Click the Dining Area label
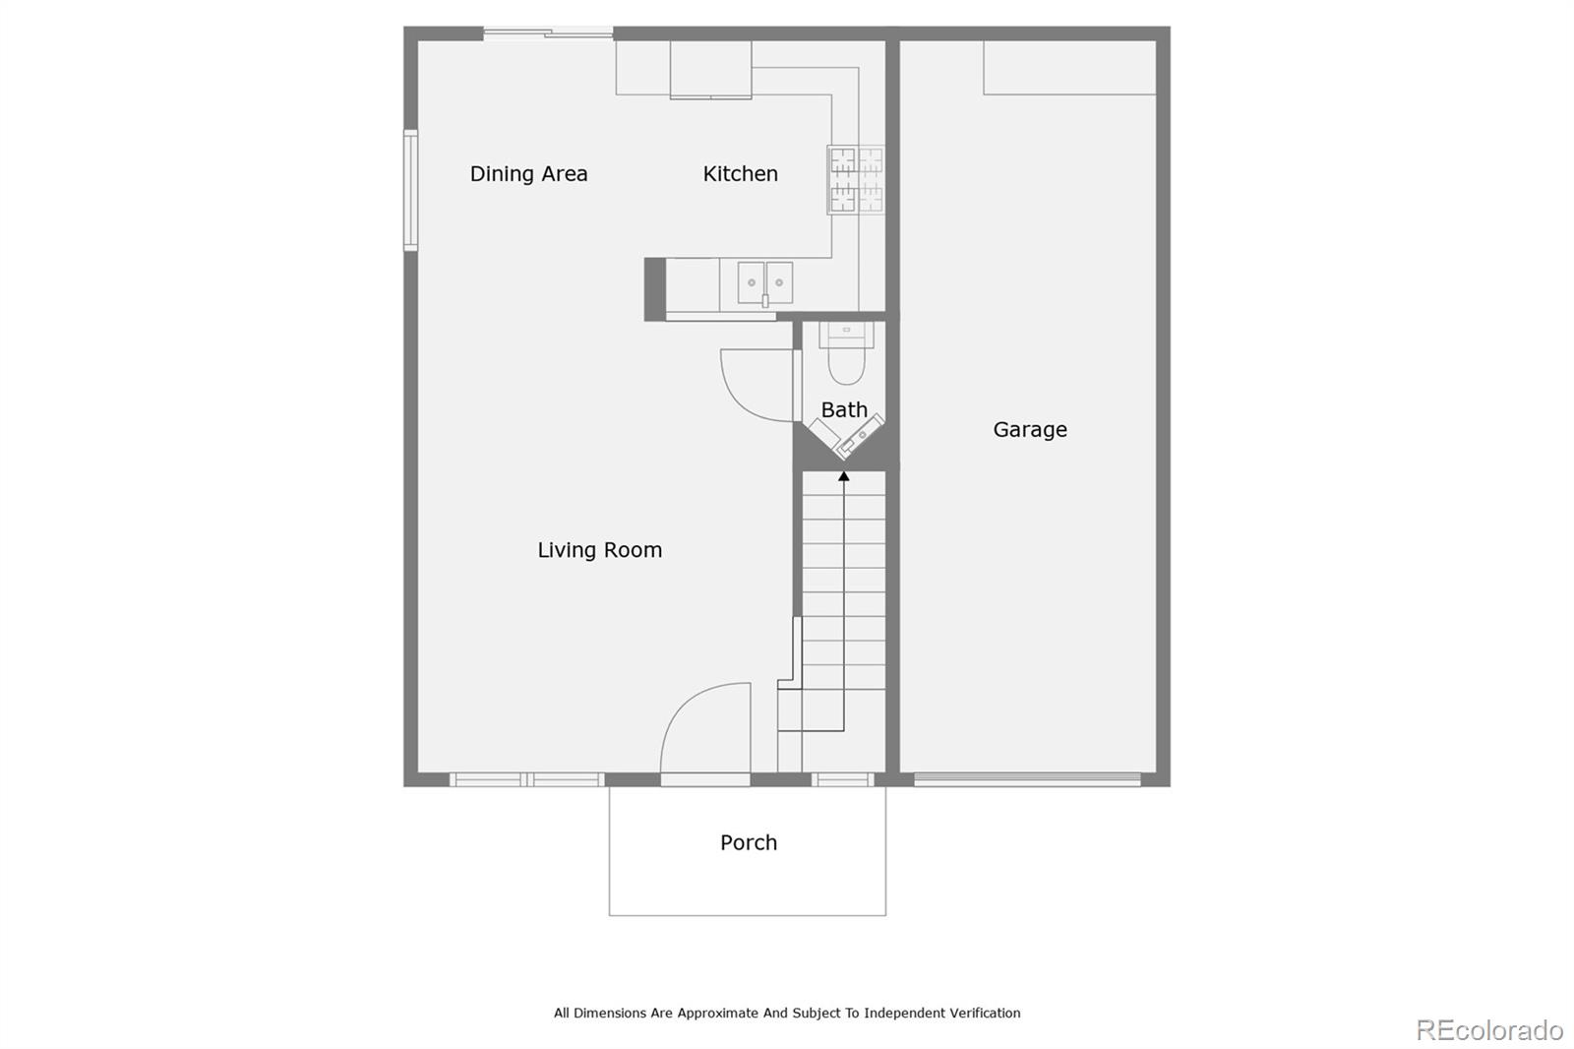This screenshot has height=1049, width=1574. (528, 174)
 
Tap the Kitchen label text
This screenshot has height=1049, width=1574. (740, 174)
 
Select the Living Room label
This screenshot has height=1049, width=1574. (599, 550)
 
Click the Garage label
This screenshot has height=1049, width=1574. (1029, 429)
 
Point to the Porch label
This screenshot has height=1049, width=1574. (748, 842)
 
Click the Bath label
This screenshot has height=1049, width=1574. (844, 409)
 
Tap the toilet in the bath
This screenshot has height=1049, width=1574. (846, 357)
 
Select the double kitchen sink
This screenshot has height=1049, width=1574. (765, 283)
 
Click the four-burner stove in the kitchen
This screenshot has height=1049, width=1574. (855, 179)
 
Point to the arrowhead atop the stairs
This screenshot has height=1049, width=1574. (843, 476)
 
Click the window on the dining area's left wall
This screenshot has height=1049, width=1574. (410, 189)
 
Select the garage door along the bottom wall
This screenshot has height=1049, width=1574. (1026, 779)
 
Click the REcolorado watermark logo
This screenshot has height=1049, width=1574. (1488, 1029)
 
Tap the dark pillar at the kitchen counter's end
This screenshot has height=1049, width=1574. (654, 288)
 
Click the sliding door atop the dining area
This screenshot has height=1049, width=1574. (547, 33)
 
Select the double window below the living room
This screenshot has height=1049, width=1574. (526, 779)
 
